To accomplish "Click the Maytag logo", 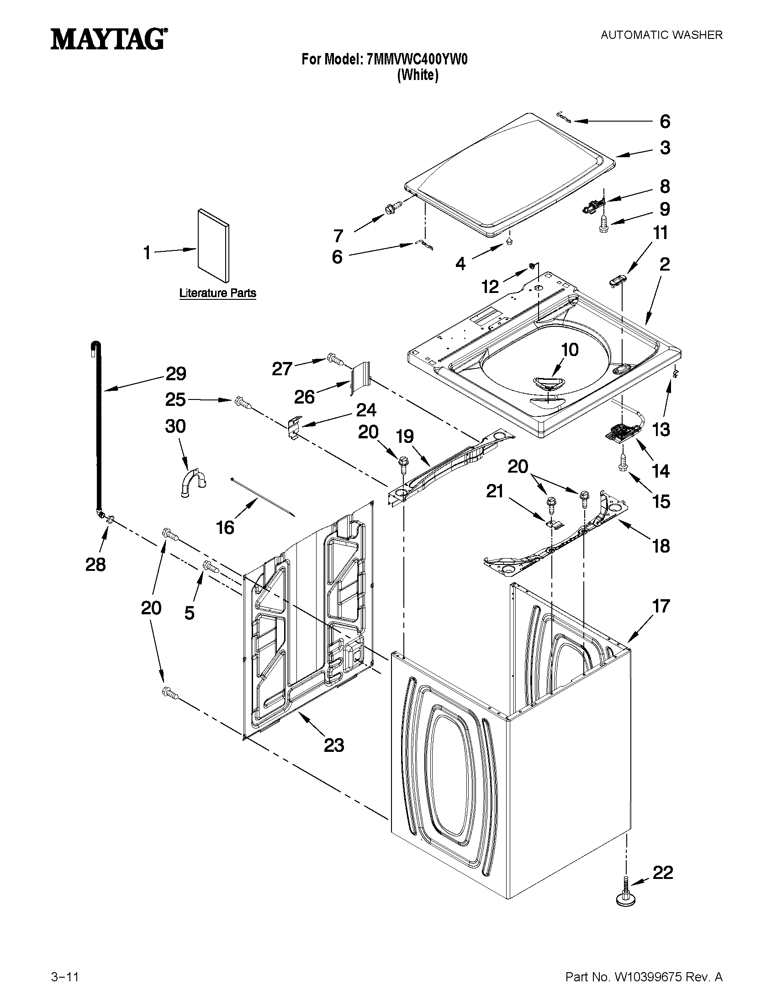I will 109,39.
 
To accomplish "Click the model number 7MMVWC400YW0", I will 417,59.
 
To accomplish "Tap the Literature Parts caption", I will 217,293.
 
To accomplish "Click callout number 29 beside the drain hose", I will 175,373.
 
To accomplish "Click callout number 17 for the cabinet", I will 661,606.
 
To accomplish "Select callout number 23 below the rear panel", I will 334,745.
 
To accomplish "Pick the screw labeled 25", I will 243,403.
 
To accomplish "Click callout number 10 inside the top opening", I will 570,350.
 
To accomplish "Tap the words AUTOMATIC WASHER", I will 661,35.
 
